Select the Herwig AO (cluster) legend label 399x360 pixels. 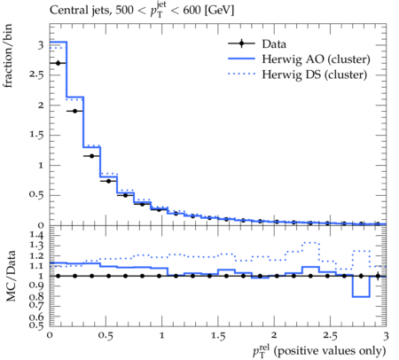point(316,59)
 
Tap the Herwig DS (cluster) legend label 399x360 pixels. point(314,74)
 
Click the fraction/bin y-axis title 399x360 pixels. point(8,56)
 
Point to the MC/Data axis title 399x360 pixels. point(11,276)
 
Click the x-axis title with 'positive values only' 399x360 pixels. point(319,351)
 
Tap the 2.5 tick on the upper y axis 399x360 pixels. point(36,75)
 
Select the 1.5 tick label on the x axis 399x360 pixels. point(218,336)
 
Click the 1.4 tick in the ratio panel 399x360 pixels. point(37,236)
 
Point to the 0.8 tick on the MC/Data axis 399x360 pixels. point(37,296)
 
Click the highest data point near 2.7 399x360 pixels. point(58,63)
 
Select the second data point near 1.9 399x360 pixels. point(74,111)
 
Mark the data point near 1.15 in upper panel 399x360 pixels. point(91,156)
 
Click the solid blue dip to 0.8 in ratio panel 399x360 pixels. point(361,297)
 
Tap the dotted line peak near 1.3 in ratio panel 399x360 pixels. point(310,242)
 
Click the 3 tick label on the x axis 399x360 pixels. point(386,336)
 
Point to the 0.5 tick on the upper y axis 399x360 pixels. point(36,195)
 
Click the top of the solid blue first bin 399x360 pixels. point(59,42)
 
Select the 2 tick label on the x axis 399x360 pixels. point(274,335)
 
